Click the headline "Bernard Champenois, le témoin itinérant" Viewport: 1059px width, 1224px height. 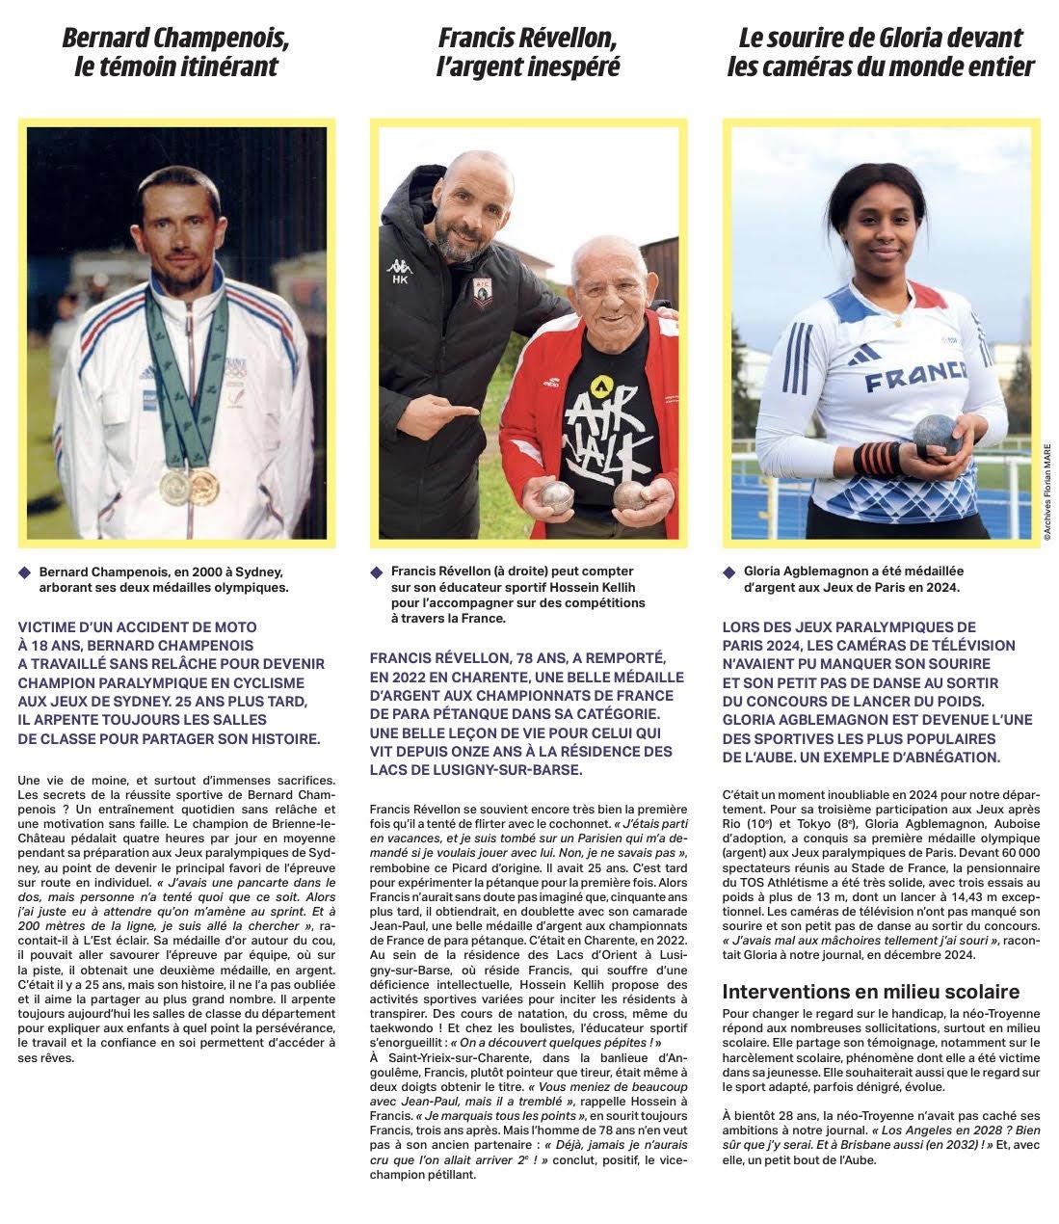[176, 52]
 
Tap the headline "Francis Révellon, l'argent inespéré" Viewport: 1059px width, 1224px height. [528, 52]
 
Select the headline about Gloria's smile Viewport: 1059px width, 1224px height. [881, 52]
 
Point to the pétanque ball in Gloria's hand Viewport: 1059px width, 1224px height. [939, 435]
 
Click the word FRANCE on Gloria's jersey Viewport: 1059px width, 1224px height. [914, 377]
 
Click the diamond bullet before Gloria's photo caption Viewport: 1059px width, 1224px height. [729, 572]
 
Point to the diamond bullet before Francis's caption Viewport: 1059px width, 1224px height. [378, 572]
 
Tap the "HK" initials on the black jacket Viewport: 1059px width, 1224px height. [398, 280]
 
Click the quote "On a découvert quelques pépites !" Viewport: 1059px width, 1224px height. [551, 1042]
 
